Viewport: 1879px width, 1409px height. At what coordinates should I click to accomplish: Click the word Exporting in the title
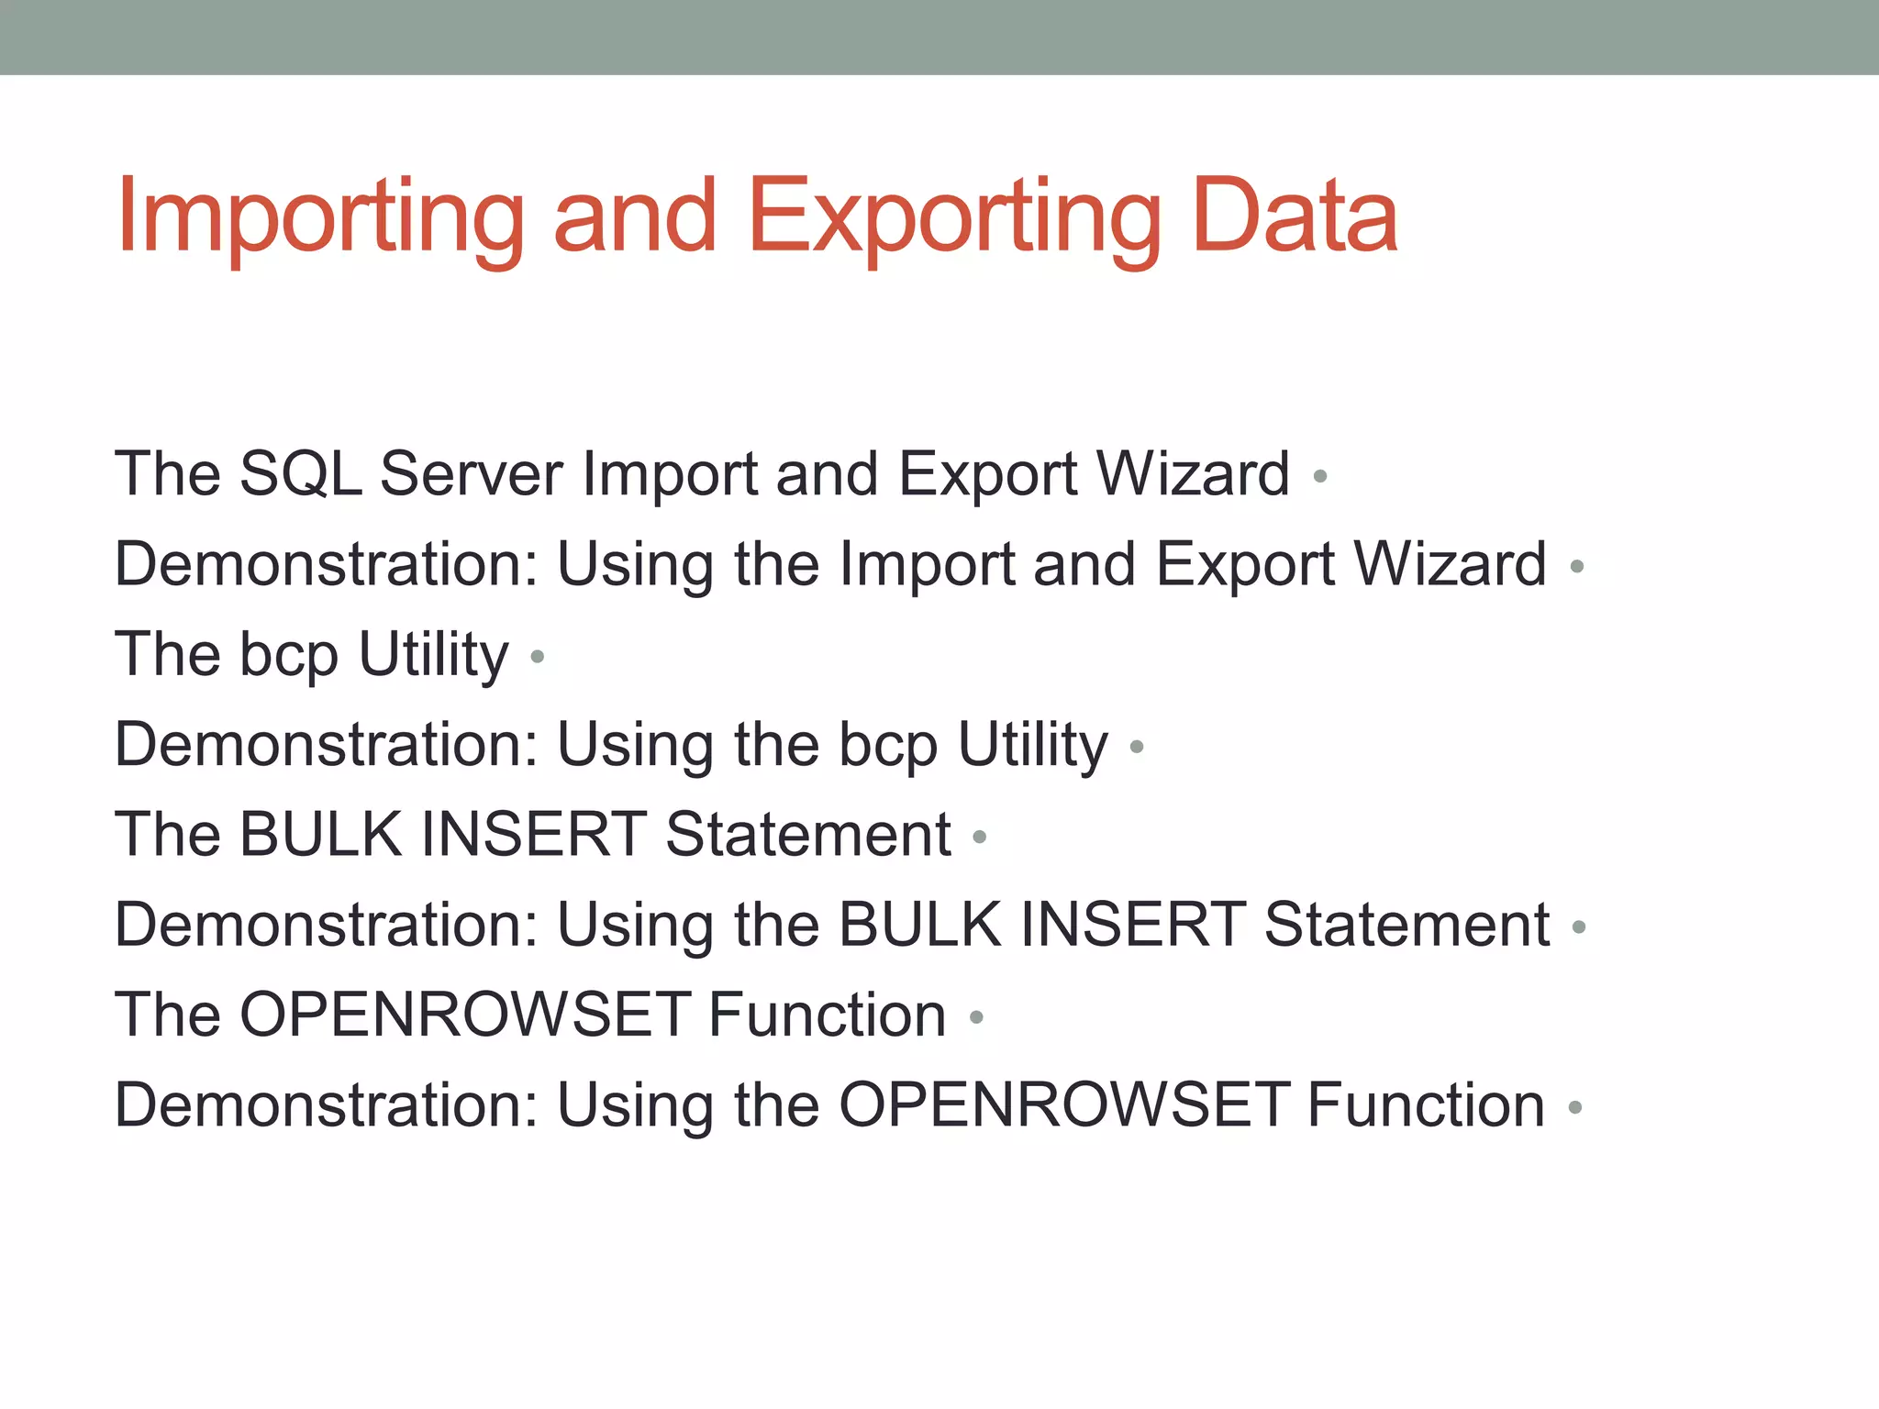[954, 218]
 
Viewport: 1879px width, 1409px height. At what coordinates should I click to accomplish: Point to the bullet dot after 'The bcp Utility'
[538, 656]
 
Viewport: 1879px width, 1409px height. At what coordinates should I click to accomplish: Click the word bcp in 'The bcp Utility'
[288, 657]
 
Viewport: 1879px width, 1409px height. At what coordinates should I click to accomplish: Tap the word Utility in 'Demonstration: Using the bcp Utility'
[1032, 745]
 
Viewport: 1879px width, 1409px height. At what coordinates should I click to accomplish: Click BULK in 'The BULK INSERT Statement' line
[320, 835]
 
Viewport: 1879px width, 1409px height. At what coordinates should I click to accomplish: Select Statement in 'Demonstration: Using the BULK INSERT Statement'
[1406, 925]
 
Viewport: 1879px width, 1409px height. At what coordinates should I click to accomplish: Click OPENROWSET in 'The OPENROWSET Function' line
[465, 1015]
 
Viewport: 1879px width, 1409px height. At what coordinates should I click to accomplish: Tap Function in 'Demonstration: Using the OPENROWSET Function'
[1426, 1105]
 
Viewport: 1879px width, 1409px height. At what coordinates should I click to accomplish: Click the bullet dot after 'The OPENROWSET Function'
[976, 1016]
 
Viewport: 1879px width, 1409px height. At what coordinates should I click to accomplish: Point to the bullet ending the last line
[1574, 1107]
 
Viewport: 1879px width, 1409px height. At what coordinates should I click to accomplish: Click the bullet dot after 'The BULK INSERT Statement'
[979, 837]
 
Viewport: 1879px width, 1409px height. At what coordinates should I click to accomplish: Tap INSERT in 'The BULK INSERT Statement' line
[534, 835]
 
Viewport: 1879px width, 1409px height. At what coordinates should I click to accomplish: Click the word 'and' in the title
[634, 216]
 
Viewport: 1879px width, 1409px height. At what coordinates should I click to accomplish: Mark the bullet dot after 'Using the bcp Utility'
[1137, 747]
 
